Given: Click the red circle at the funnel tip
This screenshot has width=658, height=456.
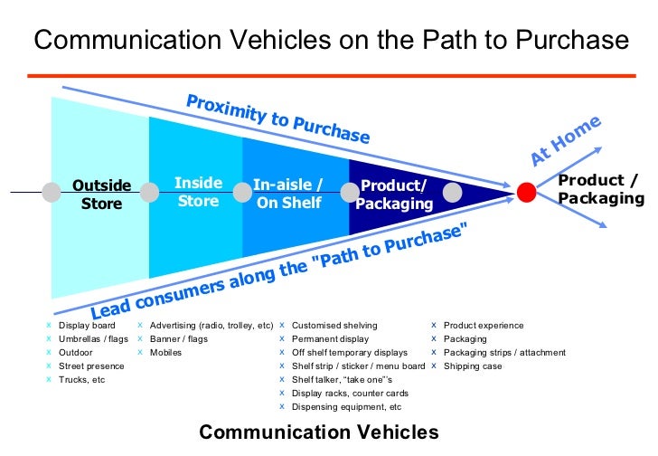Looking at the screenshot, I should point(527,192).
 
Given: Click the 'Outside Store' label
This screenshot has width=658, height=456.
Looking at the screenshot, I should point(101,195).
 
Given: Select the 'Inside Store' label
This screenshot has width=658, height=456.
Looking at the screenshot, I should point(198,193).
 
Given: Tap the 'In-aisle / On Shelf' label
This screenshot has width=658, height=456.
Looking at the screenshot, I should point(287,194).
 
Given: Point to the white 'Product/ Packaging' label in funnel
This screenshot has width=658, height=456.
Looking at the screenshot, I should point(393,195).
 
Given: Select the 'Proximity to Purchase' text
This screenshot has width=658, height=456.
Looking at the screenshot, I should point(277,119).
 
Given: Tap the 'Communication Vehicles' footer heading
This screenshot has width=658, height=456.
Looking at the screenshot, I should point(318,432).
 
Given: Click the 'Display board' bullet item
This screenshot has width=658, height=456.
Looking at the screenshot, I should point(86,326).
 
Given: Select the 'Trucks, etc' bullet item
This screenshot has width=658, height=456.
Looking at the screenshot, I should point(81,380).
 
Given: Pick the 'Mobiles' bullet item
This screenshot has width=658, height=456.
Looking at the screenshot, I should point(165,353).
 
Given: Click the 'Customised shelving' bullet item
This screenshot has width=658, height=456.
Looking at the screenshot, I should point(334,326).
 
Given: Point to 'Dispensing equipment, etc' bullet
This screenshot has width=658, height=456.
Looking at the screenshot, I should point(346,407).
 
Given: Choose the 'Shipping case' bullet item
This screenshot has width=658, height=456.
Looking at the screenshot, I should point(473,366).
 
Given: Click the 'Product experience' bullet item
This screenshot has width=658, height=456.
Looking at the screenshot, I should point(483,326).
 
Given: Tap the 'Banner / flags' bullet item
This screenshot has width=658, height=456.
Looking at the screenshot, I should point(178,339).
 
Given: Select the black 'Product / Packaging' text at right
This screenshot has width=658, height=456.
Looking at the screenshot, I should point(599,187).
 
